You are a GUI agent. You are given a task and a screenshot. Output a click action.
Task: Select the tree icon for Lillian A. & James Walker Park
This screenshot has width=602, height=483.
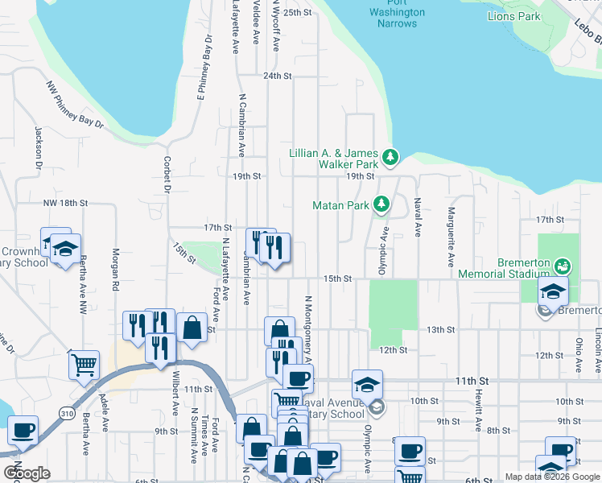tap(390, 156)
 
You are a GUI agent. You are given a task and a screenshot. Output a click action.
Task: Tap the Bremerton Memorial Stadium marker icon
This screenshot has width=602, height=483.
tap(563, 265)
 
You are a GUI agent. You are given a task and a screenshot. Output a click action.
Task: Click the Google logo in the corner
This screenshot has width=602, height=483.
tap(27, 473)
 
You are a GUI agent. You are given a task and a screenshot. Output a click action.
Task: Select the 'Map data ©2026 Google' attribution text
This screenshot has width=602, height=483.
tap(552, 477)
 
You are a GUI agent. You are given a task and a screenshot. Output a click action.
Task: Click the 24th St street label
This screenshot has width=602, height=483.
tap(276, 76)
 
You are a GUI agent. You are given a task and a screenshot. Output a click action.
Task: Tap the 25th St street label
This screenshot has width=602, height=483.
tap(297, 13)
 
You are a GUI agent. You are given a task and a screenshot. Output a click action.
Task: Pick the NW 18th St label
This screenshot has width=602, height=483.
tap(65, 203)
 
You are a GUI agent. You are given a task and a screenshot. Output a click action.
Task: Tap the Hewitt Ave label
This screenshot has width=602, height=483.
tap(478, 411)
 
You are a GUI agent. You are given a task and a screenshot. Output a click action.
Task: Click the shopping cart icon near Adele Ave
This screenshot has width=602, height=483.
tap(84, 365)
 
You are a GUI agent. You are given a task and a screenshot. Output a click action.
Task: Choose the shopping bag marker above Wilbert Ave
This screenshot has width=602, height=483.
tap(191, 328)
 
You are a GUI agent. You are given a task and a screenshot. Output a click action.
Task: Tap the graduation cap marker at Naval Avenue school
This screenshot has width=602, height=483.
tap(367, 385)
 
